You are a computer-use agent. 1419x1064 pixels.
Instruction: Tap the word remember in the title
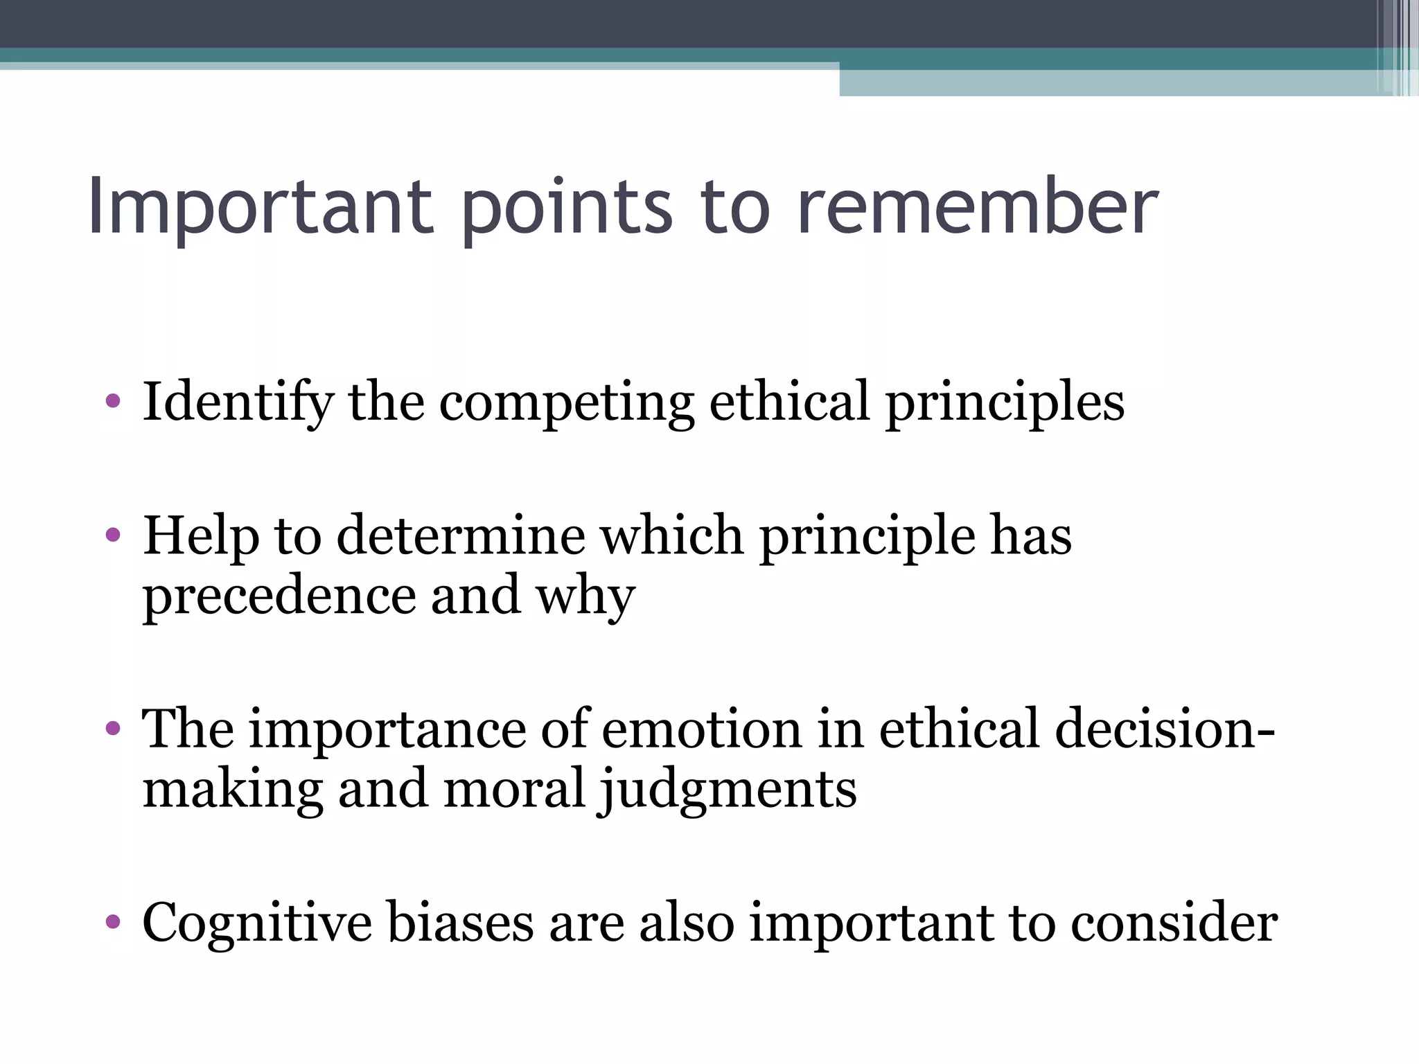977,206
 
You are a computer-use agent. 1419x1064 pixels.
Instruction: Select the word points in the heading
567,206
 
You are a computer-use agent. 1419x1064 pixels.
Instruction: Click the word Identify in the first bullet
237,402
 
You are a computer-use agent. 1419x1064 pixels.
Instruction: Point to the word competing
567,402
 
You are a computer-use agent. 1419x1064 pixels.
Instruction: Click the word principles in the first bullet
1005,402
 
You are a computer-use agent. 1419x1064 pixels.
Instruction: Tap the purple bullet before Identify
113,401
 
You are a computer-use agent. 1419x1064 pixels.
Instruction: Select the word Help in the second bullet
201,536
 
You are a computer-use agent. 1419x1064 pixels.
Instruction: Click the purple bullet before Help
113,535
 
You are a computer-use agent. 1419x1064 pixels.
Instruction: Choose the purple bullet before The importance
113,729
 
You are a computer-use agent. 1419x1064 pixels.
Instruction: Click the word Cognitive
256,923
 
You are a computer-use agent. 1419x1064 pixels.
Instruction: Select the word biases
461,923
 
